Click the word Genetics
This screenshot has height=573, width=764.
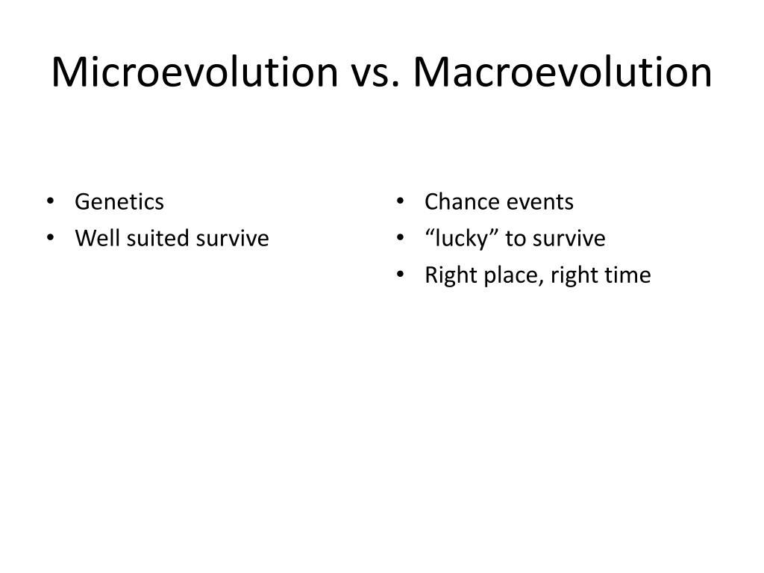(119, 202)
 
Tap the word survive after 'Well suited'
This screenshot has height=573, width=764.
(232, 239)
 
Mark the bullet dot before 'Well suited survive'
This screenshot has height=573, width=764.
(51, 239)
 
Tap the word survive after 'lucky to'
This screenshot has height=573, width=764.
(569, 239)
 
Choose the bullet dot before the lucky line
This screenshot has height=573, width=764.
(401, 239)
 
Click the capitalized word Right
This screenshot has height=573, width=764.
(444, 276)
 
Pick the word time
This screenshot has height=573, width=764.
(630, 276)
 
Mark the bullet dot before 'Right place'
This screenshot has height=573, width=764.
(401, 276)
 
